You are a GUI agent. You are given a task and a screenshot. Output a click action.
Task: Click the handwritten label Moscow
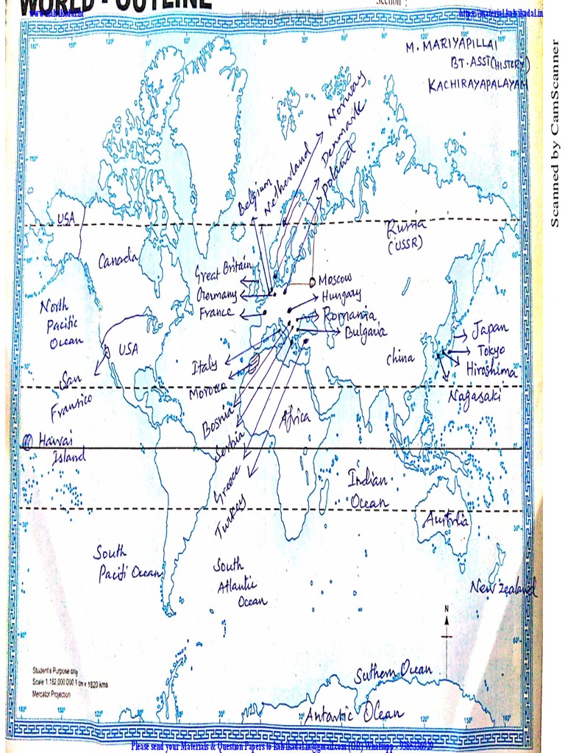coord(335,279)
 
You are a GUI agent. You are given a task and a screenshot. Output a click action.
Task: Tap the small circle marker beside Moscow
coord(312,282)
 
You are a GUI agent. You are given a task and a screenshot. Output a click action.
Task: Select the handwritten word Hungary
coord(341,296)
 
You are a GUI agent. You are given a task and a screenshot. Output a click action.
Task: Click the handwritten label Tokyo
coord(491,350)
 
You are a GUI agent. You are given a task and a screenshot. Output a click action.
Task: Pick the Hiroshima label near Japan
coord(491,370)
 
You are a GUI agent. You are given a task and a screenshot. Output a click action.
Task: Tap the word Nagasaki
coord(475,396)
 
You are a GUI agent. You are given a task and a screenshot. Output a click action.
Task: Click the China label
coord(401,358)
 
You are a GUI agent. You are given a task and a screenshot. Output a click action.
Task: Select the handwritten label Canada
coord(118,260)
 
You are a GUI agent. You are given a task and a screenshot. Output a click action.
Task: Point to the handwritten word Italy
coord(205,366)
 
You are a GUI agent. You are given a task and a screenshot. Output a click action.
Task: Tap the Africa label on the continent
coord(296,418)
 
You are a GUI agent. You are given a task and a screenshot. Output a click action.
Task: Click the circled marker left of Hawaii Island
coord(28,441)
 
